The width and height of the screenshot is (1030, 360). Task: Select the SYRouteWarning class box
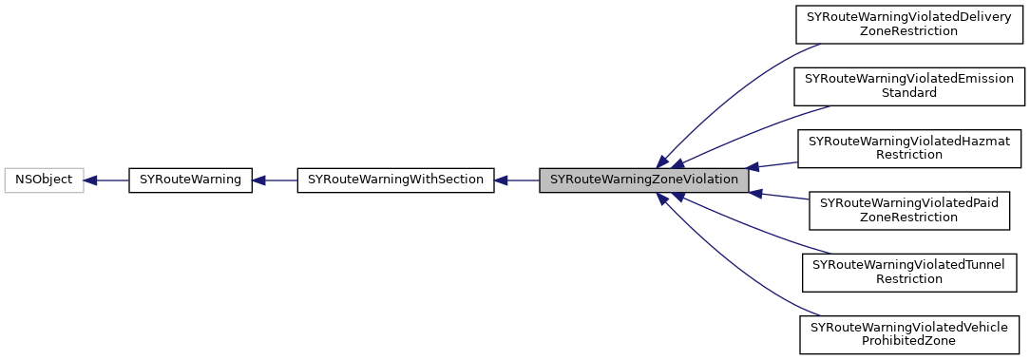coord(190,179)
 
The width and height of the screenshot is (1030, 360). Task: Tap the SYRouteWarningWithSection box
coord(395,179)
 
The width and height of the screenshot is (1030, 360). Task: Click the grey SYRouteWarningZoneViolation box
coord(643,179)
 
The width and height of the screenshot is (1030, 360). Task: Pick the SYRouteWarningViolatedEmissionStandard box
coord(909,85)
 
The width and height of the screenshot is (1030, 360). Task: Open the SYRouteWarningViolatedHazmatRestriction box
coord(908,147)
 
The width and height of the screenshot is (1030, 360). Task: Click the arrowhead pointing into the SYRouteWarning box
coord(259,179)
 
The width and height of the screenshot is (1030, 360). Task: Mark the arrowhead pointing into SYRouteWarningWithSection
coord(502,179)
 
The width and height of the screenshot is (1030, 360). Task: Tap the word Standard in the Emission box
coord(909,93)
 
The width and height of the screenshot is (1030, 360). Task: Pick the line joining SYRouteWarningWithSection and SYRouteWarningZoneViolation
coord(523,179)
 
